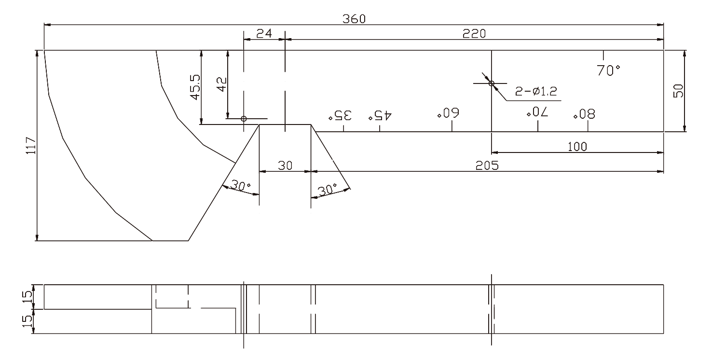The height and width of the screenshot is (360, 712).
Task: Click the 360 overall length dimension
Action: click(x=354, y=19)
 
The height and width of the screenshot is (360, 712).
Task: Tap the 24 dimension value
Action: click(x=264, y=33)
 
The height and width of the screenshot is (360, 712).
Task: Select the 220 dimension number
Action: click(x=474, y=33)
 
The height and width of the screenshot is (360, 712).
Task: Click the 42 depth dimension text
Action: click(x=221, y=85)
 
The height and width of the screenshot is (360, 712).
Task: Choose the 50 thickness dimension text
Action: click(x=679, y=91)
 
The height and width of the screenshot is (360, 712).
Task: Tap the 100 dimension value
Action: click(x=577, y=147)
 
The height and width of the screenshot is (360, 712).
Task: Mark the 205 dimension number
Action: click(x=487, y=165)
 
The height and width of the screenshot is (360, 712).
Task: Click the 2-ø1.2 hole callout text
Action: click(x=536, y=92)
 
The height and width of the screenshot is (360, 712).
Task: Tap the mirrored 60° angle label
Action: click(x=448, y=114)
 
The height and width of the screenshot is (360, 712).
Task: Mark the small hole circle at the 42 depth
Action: click(x=244, y=118)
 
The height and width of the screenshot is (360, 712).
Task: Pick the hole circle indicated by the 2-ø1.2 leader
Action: click(x=492, y=83)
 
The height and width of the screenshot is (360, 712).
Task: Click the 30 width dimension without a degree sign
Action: click(x=285, y=165)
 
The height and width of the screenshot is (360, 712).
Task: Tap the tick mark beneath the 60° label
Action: click(x=452, y=126)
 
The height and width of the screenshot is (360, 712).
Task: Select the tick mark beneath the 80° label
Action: click(x=588, y=126)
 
